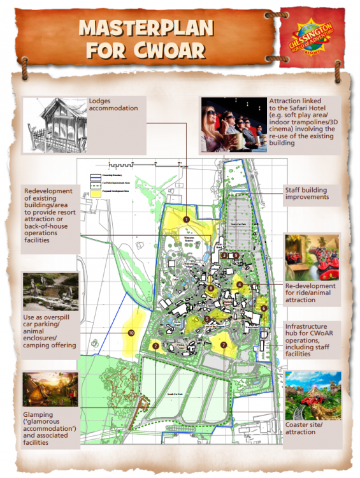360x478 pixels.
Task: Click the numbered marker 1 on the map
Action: click(186, 219)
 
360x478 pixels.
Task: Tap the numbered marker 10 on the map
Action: click(131, 333)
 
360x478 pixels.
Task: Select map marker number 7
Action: click(223, 345)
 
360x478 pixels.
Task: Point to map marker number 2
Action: click(155, 346)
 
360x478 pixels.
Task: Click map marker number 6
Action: click(263, 308)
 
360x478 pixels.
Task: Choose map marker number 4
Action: click(240, 284)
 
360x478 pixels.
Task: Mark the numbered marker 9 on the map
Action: click(236, 255)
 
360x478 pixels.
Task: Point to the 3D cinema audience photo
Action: click(233, 124)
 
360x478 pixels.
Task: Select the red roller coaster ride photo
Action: click(313, 255)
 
